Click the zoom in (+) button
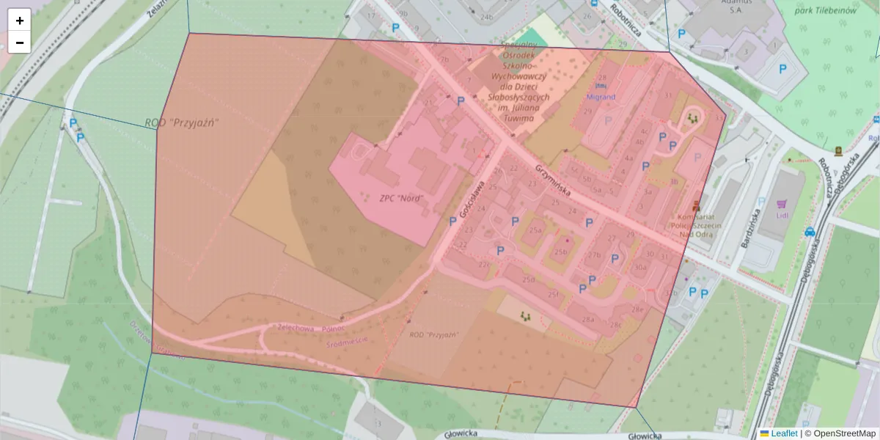coord(20,21)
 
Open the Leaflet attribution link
coord(783,433)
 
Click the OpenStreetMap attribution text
coord(844,433)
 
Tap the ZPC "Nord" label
coord(400,198)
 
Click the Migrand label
coord(601,97)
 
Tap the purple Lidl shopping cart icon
coord(782,204)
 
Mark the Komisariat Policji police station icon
coord(696,206)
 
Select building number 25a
coord(536,231)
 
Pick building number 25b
coord(561,252)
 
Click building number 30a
coord(640,268)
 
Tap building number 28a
coord(588,320)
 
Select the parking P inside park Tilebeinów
coord(782,70)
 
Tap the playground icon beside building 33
coord(692,117)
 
